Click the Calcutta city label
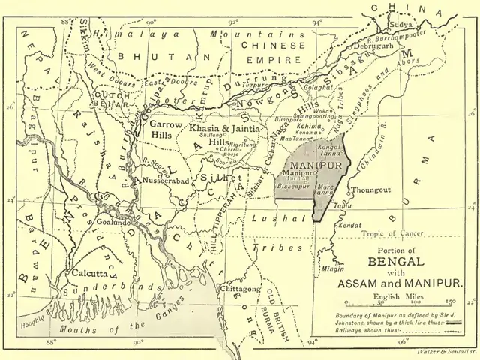point(82,273)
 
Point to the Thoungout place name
point(372,190)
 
